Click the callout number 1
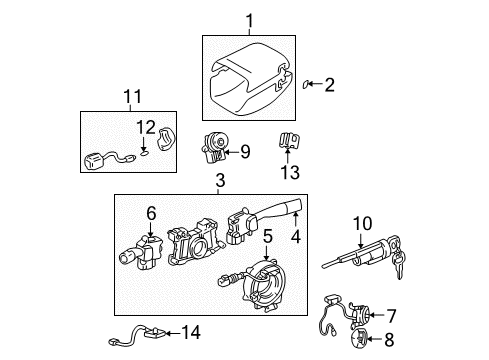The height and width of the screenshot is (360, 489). pos(249,20)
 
